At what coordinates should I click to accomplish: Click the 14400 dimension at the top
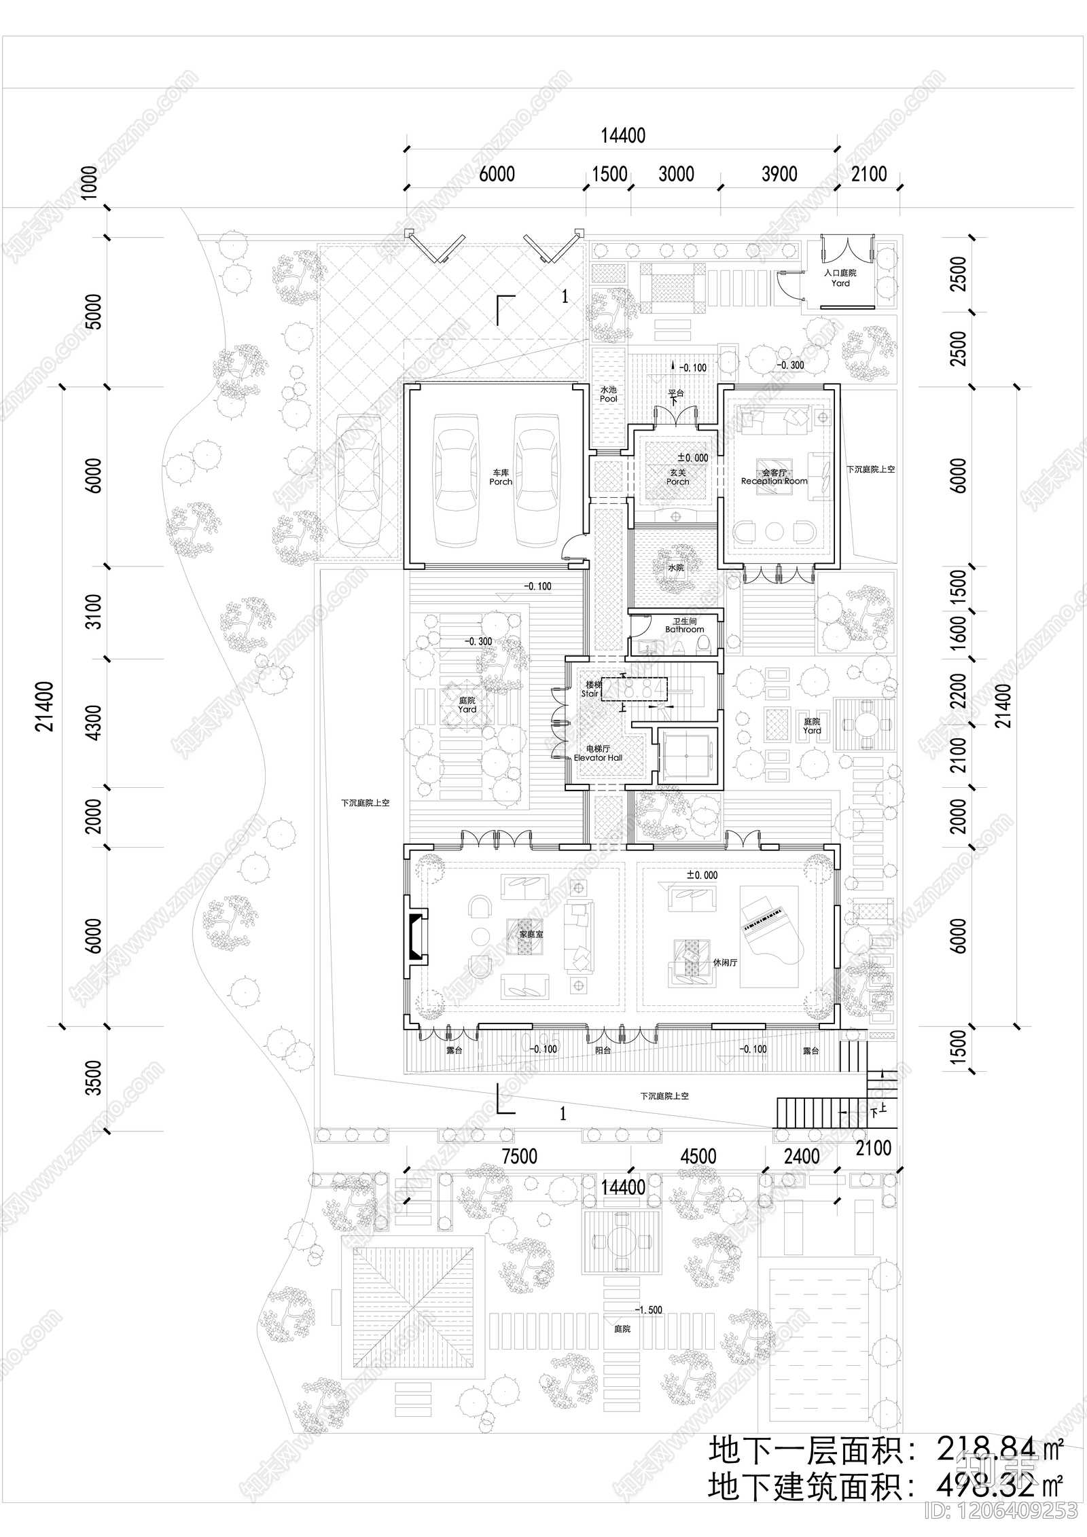[622, 136]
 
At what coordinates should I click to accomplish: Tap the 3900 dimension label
[779, 175]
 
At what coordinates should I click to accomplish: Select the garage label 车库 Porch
[501, 477]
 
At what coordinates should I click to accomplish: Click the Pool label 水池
[608, 395]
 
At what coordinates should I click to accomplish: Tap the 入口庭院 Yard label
[840, 278]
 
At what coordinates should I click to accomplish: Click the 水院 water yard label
[675, 567]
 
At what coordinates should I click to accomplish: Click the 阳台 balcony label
[603, 1050]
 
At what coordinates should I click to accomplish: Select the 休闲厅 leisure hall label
[725, 962]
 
